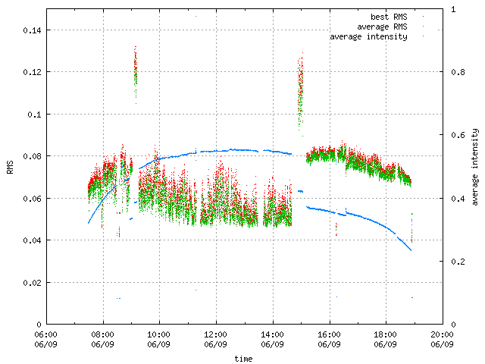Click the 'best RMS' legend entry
[x=388, y=16]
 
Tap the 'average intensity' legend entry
[x=369, y=36]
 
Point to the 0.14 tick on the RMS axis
[x=31, y=30]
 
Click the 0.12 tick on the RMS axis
[x=31, y=72]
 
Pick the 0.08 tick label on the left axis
[x=31, y=156]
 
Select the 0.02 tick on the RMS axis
[x=31, y=282]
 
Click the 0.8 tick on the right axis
[x=455, y=72]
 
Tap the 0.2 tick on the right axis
[x=455, y=261]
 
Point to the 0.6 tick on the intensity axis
[x=455, y=135]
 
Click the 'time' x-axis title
[x=243, y=357]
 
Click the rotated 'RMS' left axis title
[x=10, y=167]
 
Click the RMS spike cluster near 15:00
[x=300, y=87]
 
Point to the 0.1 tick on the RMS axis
[x=34, y=114]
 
